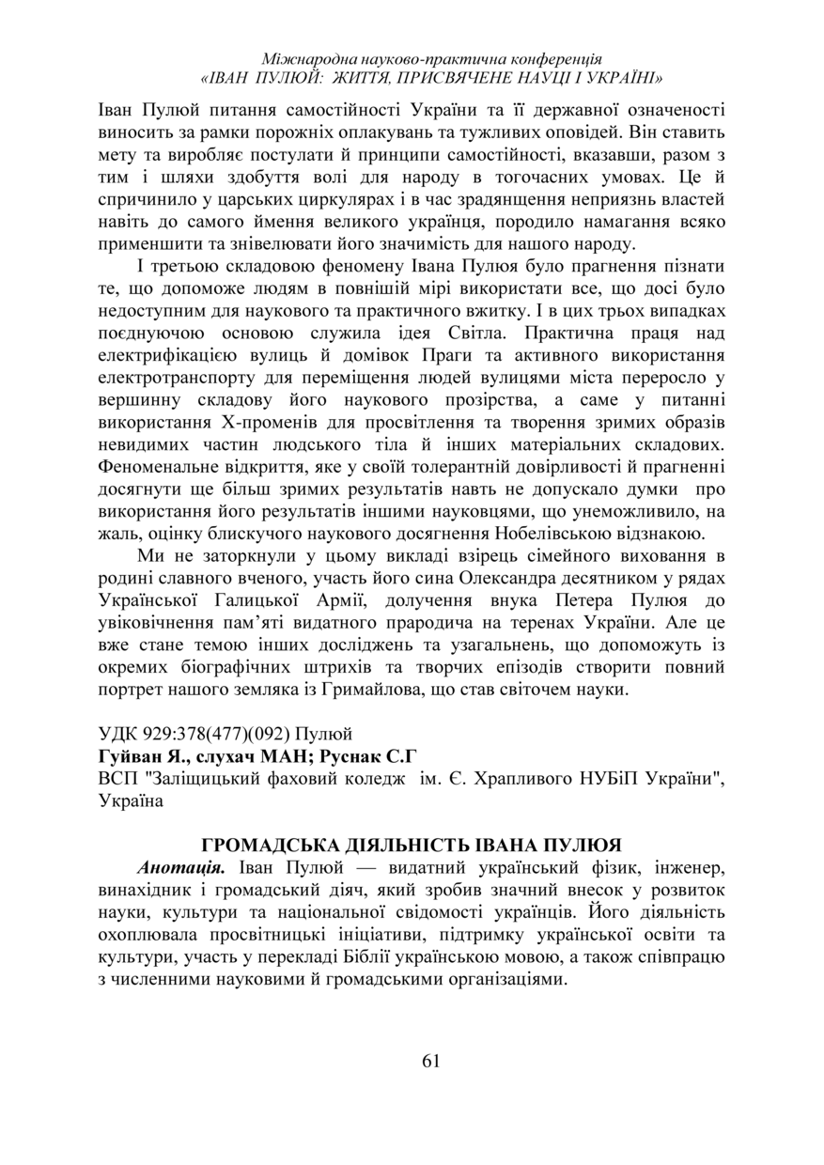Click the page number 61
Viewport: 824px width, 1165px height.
(x=431, y=1061)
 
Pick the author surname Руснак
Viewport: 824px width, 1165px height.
(x=356, y=755)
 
